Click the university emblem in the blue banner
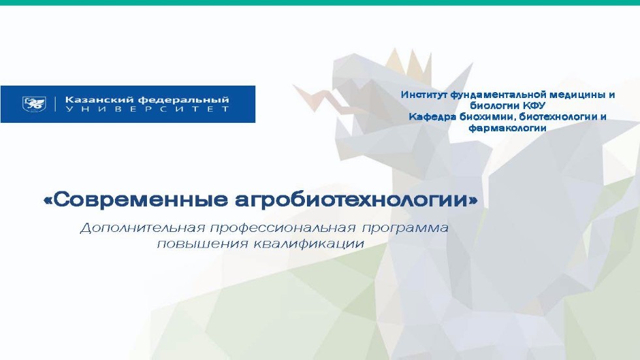(35, 104)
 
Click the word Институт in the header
(423, 95)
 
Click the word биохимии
(485, 117)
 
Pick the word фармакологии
(507, 128)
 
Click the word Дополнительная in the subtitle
(139, 229)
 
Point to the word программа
(407, 229)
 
